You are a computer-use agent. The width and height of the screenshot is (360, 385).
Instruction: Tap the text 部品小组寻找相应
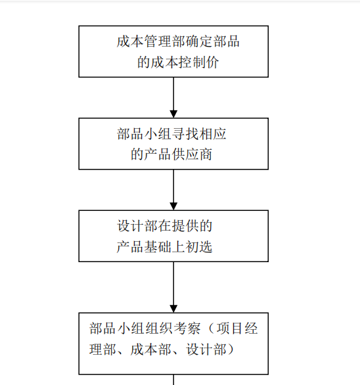[x=173, y=134]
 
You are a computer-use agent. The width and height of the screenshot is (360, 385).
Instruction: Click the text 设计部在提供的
[x=165, y=226]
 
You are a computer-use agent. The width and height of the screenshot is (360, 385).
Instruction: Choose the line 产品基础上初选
[x=165, y=247]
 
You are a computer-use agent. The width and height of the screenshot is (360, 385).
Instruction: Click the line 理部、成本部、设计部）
[x=162, y=350]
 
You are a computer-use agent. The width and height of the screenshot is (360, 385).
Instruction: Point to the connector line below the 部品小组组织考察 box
[x=173, y=380]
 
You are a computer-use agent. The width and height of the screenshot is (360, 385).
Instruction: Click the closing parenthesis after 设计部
[x=228, y=350]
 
